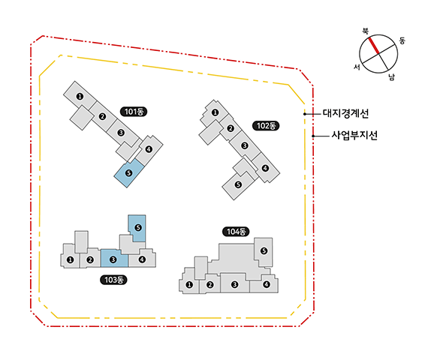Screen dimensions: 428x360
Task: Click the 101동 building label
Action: pyautogui.click(x=134, y=112)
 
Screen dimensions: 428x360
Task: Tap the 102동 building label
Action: pyautogui.click(x=266, y=126)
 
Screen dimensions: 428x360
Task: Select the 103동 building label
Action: pyautogui.click(x=113, y=280)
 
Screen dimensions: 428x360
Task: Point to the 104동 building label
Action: pyautogui.click(x=236, y=232)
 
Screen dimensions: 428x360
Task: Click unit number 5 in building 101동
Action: pyautogui.click(x=128, y=172)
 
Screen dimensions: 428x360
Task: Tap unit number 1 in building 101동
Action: pyautogui.click(x=80, y=96)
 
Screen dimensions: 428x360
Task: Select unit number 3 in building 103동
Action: pyautogui.click(x=113, y=259)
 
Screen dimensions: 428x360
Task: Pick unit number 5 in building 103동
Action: pyautogui.click(x=138, y=227)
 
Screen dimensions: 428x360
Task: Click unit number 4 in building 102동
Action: pyautogui.click(x=265, y=168)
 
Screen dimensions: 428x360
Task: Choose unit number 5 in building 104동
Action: pyautogui.click(x=264, y=250)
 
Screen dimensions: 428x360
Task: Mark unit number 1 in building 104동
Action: pyautogui.click(x=189, y=285)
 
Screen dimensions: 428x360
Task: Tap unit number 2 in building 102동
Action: pyautogui.click(x=231, y=128)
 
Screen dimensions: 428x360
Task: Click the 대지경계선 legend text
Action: pyautogui.click(x=345, y=113)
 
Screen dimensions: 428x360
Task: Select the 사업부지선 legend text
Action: pyautogui.click(x=354, y=135)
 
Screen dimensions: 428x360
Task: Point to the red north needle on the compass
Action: pyautogui.click(x=374, y=46)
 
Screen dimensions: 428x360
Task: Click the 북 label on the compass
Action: pyautogui.click(x=365, y=31)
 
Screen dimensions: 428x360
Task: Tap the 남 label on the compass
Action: pyautogui.click(x=392, y=77)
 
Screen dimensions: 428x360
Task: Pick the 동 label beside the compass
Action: pyautogui.click(x=402, y=40)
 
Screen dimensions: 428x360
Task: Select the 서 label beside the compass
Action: pyautogui.click(x=357, y=67)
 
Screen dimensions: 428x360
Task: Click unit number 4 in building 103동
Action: pyautogui.click(x=142, y=259)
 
